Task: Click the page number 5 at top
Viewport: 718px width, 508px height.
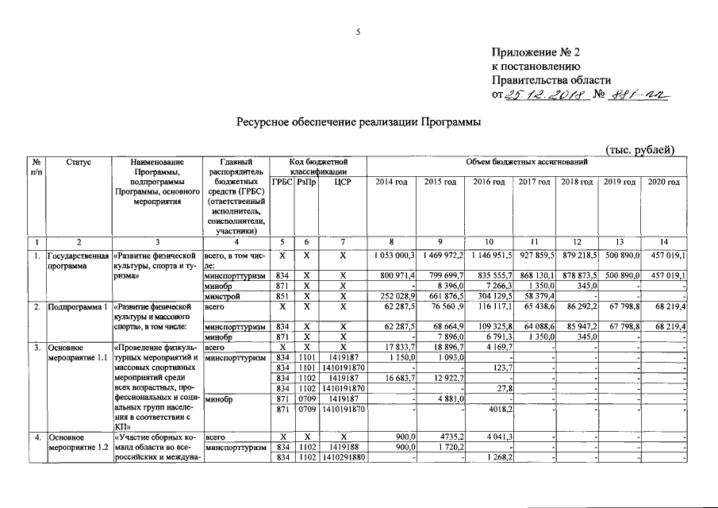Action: coord(358,32)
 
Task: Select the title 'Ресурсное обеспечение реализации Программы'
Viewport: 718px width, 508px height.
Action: coord(358,123)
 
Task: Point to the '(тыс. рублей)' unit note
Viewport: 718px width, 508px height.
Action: coord(640,149)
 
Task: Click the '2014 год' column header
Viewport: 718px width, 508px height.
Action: coord(391,183)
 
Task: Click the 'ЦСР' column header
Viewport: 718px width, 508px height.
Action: coord(343,183)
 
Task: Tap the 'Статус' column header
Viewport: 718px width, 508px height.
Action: coord(79,163)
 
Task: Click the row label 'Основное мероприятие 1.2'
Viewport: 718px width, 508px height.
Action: coord(77,442)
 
